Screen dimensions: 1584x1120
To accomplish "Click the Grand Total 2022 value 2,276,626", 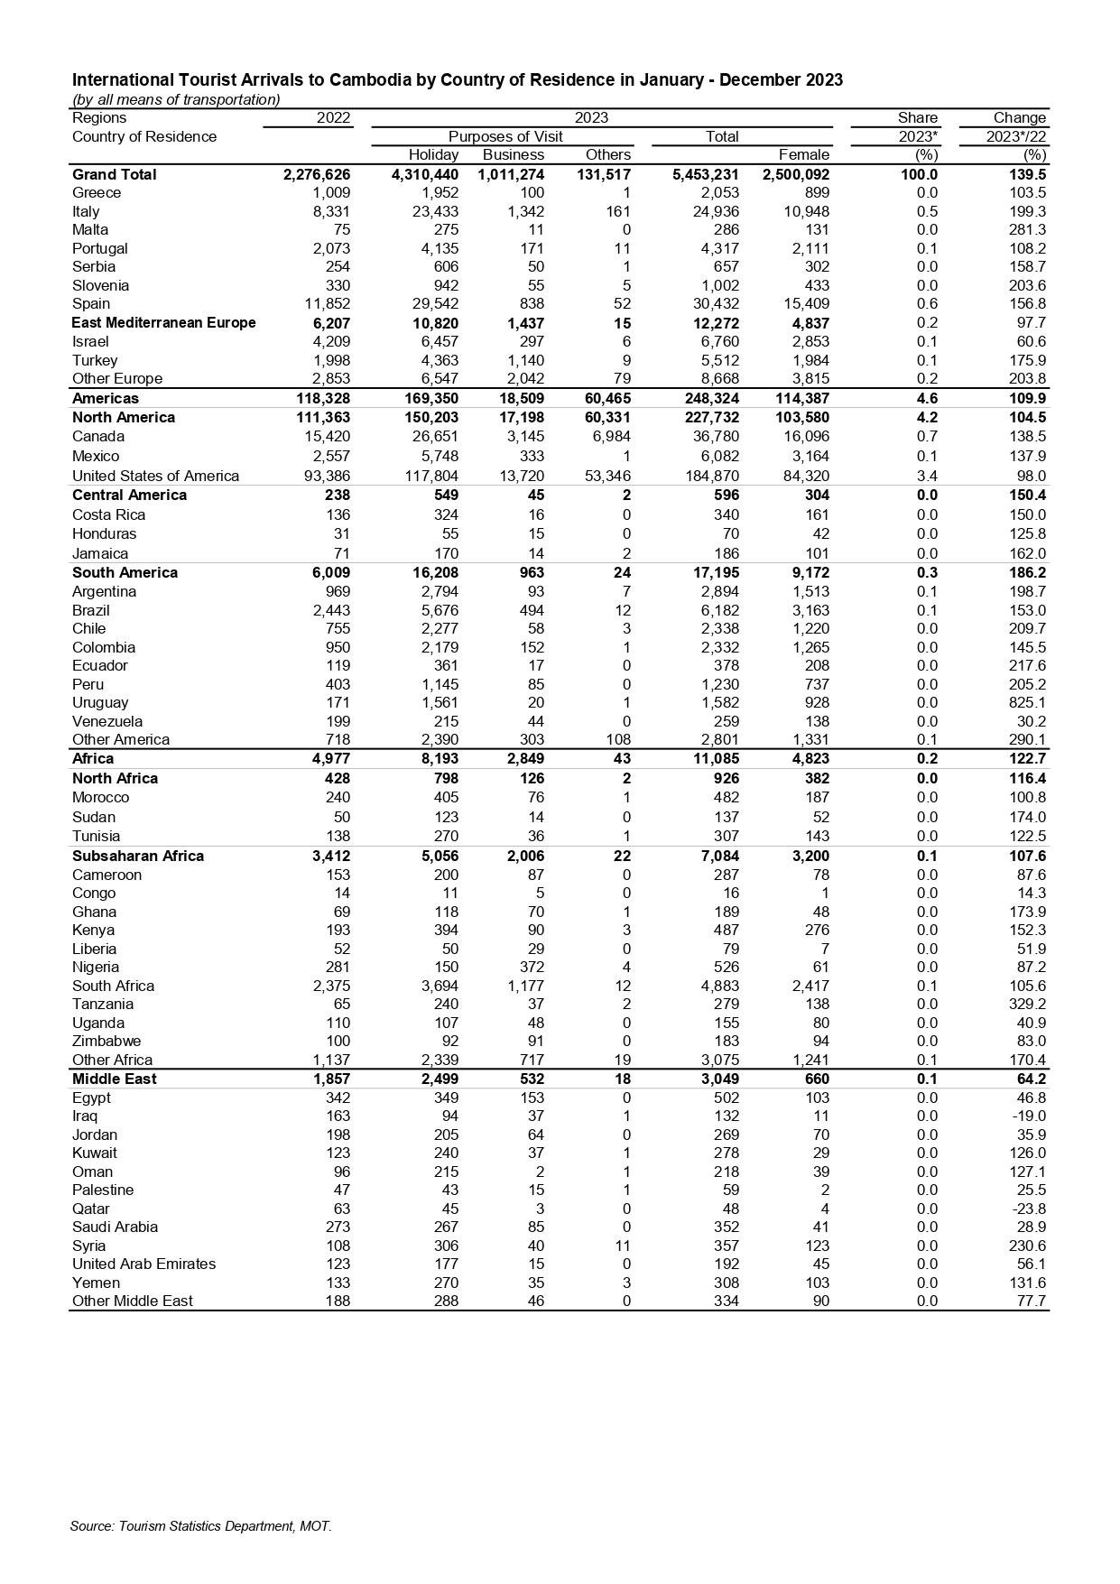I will click(316, 174).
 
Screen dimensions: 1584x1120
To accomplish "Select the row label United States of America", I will click(155, 476).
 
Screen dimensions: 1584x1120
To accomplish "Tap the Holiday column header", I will click(433, 154).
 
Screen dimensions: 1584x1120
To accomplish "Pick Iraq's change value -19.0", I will click(1028, 1116).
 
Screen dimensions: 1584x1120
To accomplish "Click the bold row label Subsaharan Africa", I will click(138, 856).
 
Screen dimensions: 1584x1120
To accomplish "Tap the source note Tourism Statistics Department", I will click(200, 1526).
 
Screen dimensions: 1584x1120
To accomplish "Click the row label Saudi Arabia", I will click(115, 1227).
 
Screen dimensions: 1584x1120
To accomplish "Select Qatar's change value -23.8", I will click(1028, 1209).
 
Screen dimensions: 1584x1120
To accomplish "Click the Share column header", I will click(917, 117).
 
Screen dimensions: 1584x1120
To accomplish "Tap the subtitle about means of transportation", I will click(176, 99).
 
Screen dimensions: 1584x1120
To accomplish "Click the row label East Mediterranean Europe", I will click(163, 322).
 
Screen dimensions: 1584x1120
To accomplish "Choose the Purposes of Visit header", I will click(505, 136).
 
